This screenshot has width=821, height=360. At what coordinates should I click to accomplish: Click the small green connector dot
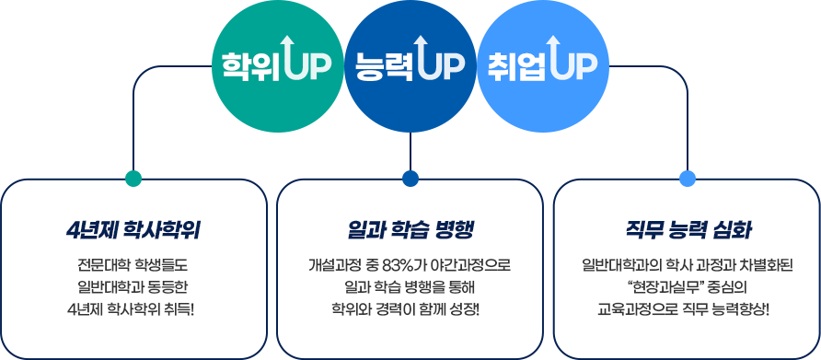[133, 178]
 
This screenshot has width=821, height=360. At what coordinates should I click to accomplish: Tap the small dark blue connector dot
[410, 178]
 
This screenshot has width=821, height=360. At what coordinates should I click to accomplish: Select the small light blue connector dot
[687, 178]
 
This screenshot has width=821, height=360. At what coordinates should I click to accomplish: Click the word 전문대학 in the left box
[96, 265]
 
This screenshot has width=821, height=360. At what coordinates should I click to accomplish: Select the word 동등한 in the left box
[170, 285]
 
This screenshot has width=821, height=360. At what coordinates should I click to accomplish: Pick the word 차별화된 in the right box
[762, 265]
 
